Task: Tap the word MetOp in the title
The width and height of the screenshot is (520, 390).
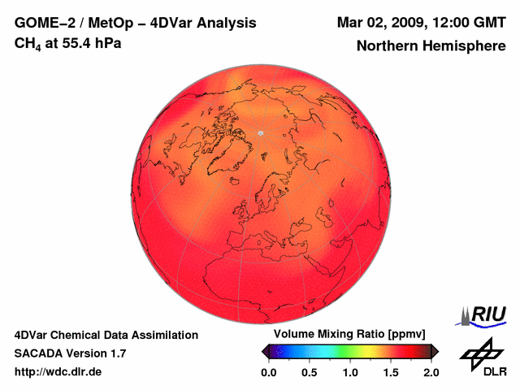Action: (110, 23)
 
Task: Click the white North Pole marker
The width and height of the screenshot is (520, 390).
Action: (261, 132)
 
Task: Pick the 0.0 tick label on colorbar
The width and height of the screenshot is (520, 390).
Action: (269, 372)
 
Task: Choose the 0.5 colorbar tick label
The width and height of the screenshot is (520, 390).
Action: (310, 372)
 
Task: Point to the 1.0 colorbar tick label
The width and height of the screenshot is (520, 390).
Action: (350, 372)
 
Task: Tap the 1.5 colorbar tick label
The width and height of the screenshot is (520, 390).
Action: (391, 372)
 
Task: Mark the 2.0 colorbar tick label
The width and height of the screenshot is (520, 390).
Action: (431, 372)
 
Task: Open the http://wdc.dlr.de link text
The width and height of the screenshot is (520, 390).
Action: (58, 372)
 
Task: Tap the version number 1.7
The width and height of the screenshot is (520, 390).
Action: (116, 353)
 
